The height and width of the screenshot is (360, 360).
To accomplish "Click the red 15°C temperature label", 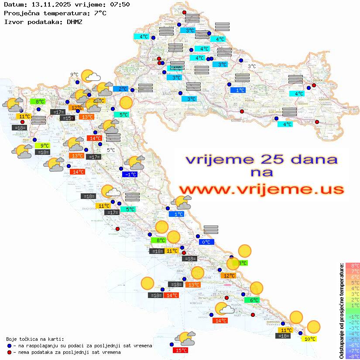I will (x=181, y=350).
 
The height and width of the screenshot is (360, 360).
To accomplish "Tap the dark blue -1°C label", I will (x=130, y=174).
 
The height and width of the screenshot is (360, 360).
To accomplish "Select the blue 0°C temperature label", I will (x=205, y=242).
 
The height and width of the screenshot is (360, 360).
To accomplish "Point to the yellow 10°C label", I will (x=310, y=339).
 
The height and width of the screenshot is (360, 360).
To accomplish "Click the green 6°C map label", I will (x=254, y=300).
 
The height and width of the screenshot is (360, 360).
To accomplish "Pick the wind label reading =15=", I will (x=68, y=118).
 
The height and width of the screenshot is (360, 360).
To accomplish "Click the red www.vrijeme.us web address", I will (x=261, y=189).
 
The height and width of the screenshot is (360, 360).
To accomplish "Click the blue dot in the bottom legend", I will (x=9, y=346).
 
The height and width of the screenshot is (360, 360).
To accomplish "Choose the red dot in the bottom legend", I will (x=9, y=352).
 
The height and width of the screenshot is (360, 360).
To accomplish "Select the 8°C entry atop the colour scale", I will (x=353, y=266).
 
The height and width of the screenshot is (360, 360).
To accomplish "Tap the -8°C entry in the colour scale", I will (x=353, y=357).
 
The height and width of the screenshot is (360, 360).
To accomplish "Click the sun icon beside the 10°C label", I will (x=313, y=326).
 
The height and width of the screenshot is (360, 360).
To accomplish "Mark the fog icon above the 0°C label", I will (x=211, y=230).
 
